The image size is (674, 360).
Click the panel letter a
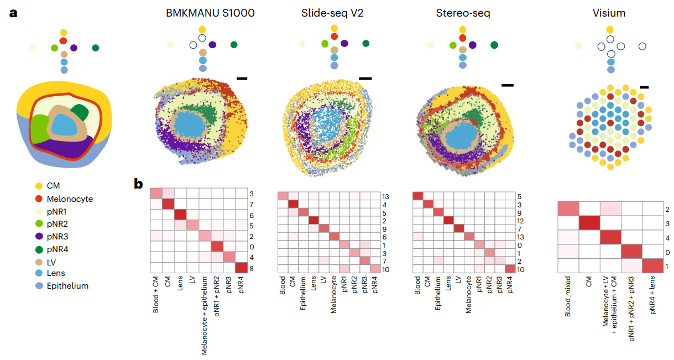coord(14,13)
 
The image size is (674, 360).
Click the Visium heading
coord(609,13)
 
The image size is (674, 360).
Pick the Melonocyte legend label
coord(70,199)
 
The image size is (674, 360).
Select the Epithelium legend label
coord(67,286)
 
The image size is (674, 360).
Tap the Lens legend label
coord(56,274)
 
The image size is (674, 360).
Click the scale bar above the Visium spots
coord(644,87)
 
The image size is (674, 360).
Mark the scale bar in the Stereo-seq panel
coord(507,85)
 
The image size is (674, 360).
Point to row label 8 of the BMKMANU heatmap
coord(252,268)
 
